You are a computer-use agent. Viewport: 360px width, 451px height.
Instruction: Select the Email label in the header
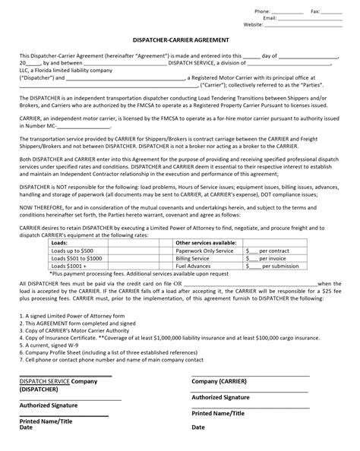(x=268, y=17)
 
